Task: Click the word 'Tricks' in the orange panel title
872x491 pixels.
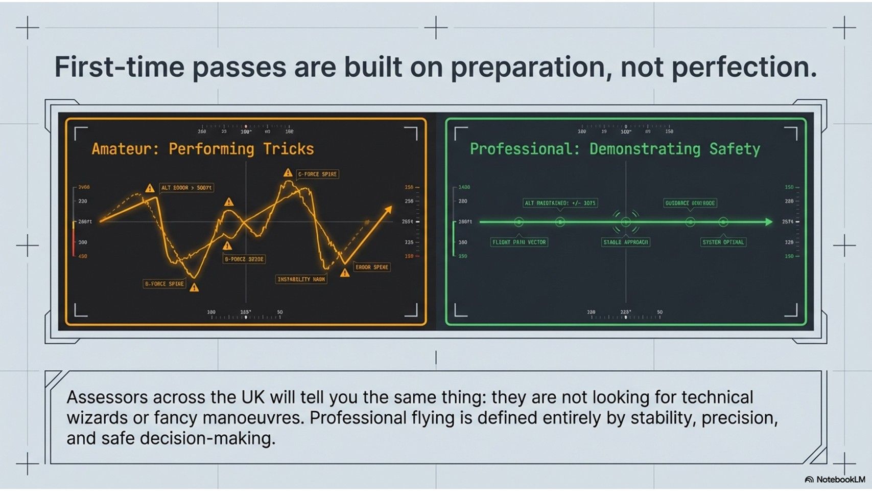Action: pyautogui.click(x=288, y=149)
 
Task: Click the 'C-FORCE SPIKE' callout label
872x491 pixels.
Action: pyautogui.click(x=317, y=174)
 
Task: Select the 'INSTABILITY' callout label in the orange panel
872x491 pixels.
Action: pyautogui.click(x=301, y=279)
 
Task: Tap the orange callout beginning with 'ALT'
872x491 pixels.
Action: pyautogui.click(x=186, y=188)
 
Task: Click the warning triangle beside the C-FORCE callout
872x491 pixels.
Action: pyautogui.click(x=288, y=173)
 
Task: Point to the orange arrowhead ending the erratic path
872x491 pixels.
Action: pyautogui.click(x=389, y=209)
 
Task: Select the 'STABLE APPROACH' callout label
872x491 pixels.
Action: pyautogui.click(x=625, y=242)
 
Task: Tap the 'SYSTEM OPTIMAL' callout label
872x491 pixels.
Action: pyautogui.click(x=723, y=242)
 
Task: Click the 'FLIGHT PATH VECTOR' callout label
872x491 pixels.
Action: pyautogui.click(x=519, y=242)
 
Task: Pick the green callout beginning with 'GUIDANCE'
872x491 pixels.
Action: pyautogui.click(x=690, y=203)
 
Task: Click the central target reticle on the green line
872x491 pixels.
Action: pyautogui.click(x=626, y=222)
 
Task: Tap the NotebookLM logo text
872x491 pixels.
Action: pyautogui.click(x=840, y=480)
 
